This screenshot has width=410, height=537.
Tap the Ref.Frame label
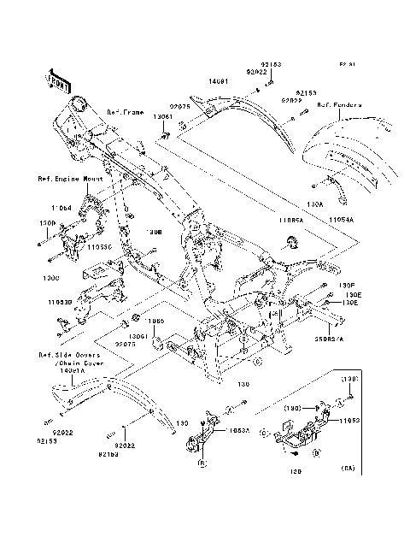pos(125,112)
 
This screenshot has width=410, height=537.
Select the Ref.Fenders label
pos(340,106)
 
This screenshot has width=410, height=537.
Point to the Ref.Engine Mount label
pos(70,180)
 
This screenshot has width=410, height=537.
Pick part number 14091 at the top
pos(220,83)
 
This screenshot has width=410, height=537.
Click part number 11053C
pos(98,246)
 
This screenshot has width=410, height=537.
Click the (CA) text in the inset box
pos(348,469)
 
